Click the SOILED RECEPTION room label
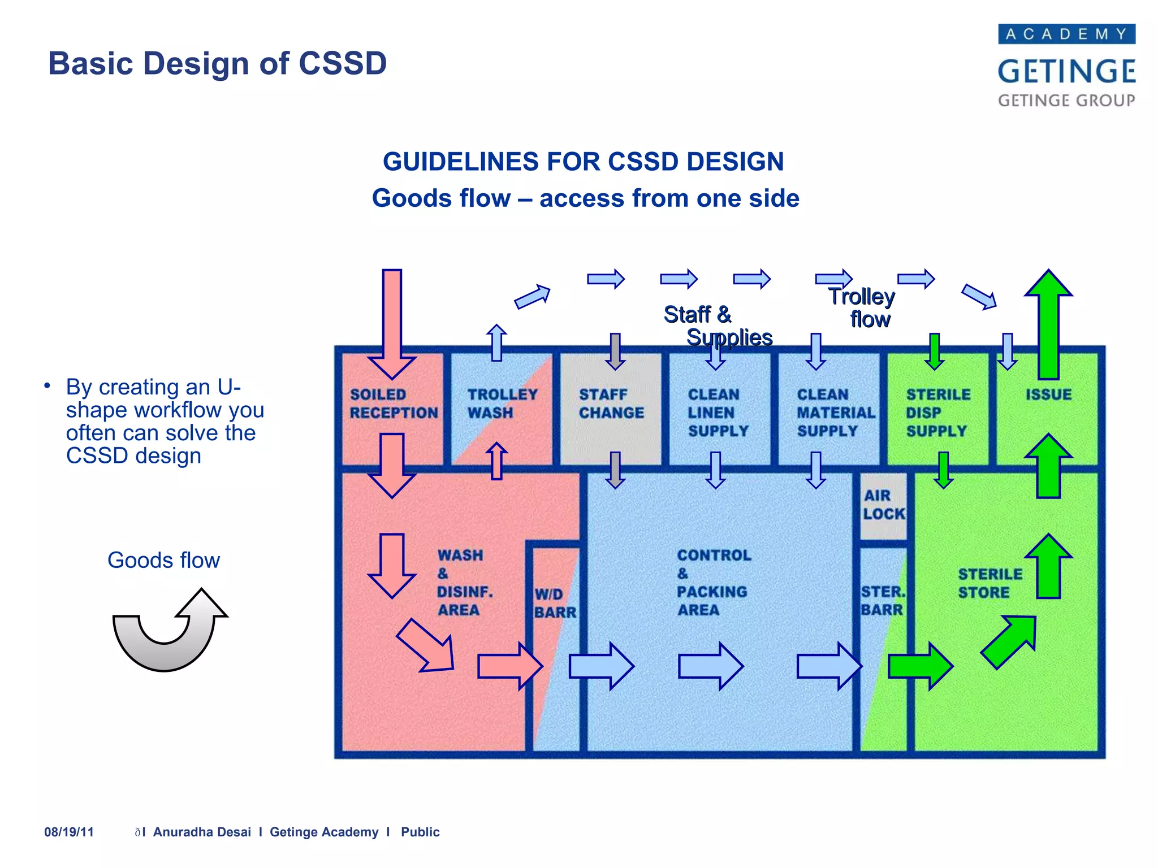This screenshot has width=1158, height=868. click(394, 403)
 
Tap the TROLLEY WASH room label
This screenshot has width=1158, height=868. click(502, 403)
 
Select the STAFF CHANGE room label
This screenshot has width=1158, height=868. click(611, 403)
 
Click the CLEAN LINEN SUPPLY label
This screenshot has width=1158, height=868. click(717, 413)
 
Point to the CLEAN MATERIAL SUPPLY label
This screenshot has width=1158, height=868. click(835, 413)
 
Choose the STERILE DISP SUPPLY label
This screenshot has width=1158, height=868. click(937, 413)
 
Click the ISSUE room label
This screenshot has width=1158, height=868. click(1048, 394)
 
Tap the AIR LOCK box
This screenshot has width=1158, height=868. click(883, 505)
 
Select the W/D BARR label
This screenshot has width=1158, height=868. click(555, 603)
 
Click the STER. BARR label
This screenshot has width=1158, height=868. click(882, 601)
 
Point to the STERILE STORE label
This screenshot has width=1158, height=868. click(990, 583)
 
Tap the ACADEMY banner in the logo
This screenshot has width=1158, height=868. click(1066, 34)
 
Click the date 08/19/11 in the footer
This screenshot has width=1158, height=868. click(69, 832)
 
